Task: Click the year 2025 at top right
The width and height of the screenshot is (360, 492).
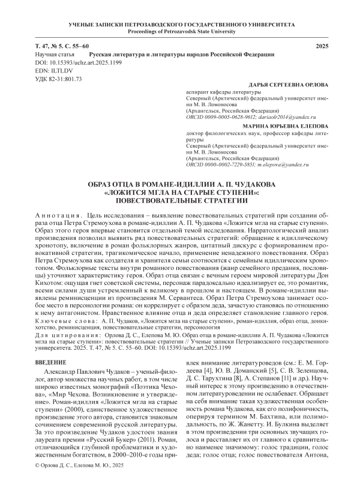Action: pyautogui.click(x=322, y=46)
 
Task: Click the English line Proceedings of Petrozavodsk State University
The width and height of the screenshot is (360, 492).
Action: pyautogui.click(x=180, y=31)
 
